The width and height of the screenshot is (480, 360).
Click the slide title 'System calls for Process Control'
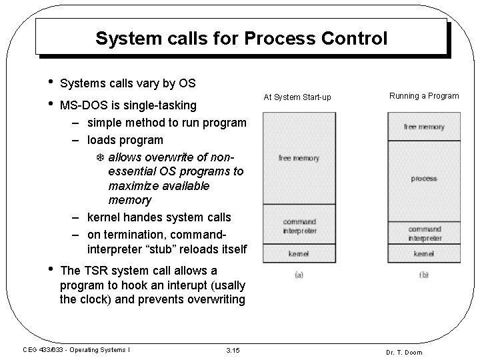tap(241, 39)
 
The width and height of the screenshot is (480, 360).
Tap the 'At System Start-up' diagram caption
tap(297, 97)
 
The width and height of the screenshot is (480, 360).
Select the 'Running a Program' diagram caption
tap(424, 96)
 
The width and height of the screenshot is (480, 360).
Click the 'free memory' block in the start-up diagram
tap(299, 159)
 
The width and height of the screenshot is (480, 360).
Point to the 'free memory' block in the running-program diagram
tap(424, 127)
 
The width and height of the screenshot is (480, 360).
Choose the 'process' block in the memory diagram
tap(424, 179)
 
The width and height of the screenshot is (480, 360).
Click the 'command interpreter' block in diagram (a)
tap(299, 226)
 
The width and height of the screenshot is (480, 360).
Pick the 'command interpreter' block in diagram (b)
tap(425, 233)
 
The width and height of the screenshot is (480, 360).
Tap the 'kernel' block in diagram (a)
tap(299, 253)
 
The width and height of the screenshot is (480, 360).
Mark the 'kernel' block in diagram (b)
tap(425, 253)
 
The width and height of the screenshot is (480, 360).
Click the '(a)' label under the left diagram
tap(299, 275)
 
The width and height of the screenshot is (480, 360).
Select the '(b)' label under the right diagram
tap(424, 275)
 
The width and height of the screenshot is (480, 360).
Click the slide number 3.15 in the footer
tap(233, 351)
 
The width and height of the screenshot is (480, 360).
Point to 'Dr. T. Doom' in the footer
tap(404, 352)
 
